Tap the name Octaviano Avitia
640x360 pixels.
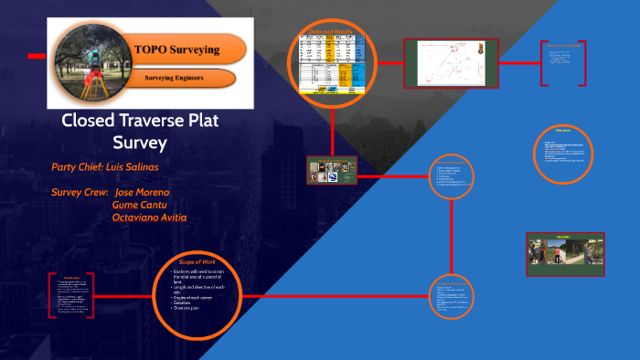(149, 217)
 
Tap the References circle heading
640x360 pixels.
(563, 132)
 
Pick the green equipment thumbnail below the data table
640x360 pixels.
(331, 170)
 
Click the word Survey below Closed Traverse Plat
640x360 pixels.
(140, 143)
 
